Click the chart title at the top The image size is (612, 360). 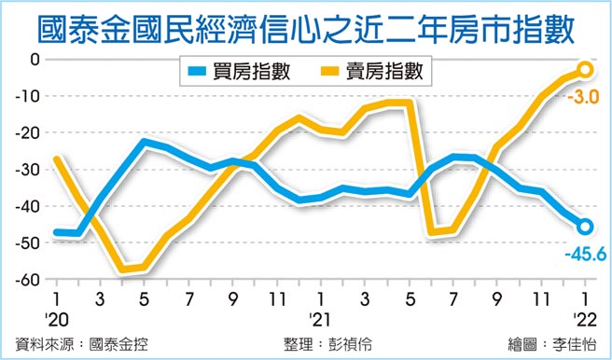306,27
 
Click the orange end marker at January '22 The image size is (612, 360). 585,69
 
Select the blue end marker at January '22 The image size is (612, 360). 585,226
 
